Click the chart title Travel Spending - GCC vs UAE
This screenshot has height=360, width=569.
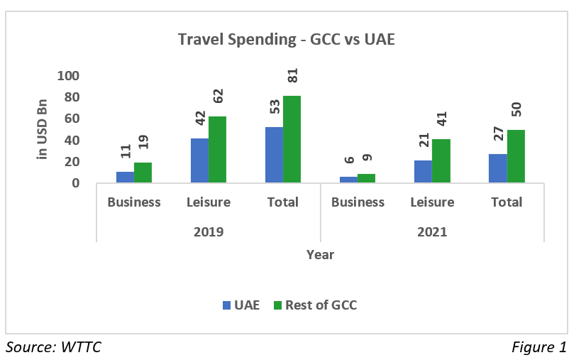pos(286,40)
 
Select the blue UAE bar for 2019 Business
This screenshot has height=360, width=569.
pos(125,178)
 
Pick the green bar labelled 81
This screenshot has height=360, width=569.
pos(292,139)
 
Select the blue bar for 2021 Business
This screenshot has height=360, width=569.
pos(348,180)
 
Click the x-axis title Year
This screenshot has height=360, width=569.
pos(320,254)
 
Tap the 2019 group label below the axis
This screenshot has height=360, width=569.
pos(209,232)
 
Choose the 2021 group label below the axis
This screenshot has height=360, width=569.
pos(432,232)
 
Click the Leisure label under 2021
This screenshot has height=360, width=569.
pos(432,202)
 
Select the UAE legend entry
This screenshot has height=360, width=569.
pos(241,306)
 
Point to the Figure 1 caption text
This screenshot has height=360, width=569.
pos(538,347)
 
